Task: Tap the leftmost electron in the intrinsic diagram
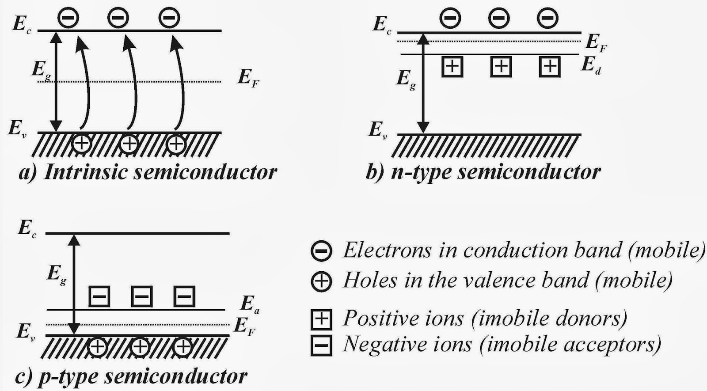pyautogui.click(x=68, y=18)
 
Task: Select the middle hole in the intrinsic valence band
pyautogui.click(x=129, y=144)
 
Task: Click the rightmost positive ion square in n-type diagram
pyautogui.click(x=550, y=67)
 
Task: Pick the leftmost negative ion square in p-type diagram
pyautogui.click(x=99, y=296)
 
